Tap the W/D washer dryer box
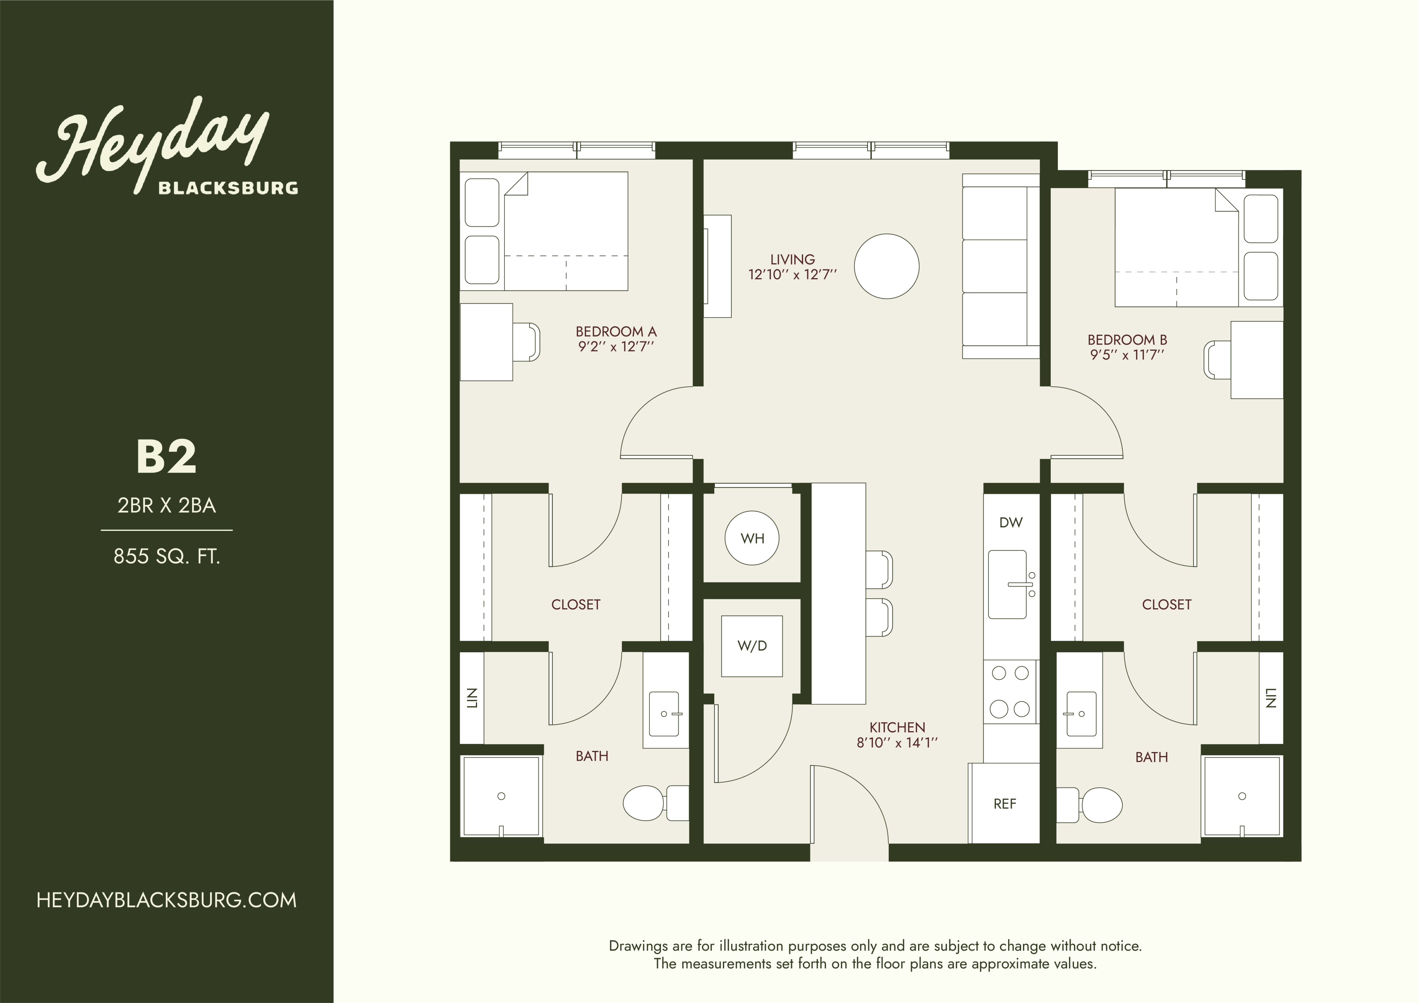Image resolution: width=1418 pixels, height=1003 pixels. click(x=752, y=645)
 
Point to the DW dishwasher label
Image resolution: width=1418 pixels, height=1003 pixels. click(x=1011, y=522)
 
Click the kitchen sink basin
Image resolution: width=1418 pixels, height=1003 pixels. click(x=1007, y=584)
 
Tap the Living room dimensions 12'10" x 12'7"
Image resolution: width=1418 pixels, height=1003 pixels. click(x=792, y=275)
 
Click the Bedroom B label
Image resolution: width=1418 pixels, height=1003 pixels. click(x=1127, y=340)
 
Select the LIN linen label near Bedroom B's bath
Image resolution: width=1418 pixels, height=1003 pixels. click(x=1271, y=698)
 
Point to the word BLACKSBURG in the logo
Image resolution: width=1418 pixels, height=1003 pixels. click(x=228, y=188)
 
